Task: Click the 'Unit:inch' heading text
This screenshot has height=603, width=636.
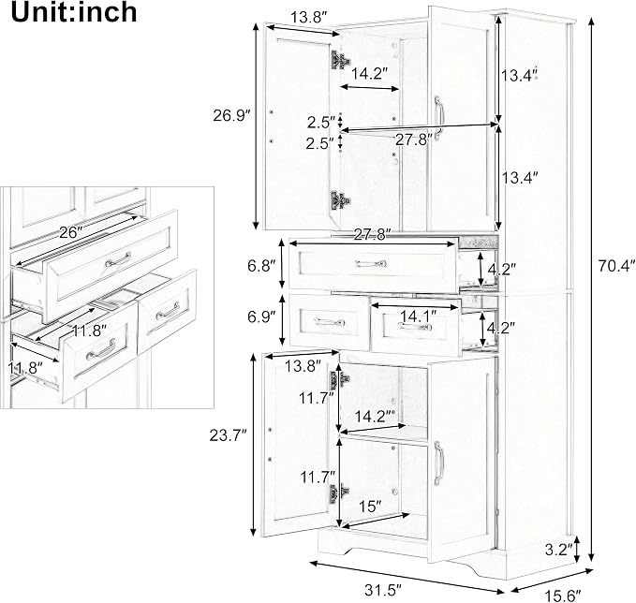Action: [x=74, y=12]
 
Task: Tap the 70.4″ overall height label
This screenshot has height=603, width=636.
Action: [x=615, y=266]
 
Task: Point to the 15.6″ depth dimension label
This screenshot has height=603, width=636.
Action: [x=563, y=596]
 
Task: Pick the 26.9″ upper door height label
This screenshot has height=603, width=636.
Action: [x=230, y=116]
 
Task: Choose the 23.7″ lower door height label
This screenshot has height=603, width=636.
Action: [x=228, y=435]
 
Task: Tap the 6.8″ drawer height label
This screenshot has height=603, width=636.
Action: [x=261, y=267]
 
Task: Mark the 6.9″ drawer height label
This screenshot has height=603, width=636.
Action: [x=261, y=316]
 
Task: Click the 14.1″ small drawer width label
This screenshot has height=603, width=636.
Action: [x=418, y=316]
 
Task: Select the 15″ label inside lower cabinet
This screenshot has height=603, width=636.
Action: [x=370, y=506]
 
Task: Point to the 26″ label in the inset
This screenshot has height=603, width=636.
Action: [x=71, y=232]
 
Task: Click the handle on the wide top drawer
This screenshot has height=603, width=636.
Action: [x=371, y=264]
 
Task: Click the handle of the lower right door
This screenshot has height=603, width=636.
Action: [x=438, y=463]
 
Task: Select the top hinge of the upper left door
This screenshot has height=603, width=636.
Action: [x=341, y=61]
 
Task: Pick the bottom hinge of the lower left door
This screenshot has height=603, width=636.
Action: [x=339, y=493]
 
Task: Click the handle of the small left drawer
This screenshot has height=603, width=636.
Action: [x=330, y=322]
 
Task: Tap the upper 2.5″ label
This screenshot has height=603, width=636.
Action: [x=321, y=122]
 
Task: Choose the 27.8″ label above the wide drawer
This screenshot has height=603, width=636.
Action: [x=372, y=234]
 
